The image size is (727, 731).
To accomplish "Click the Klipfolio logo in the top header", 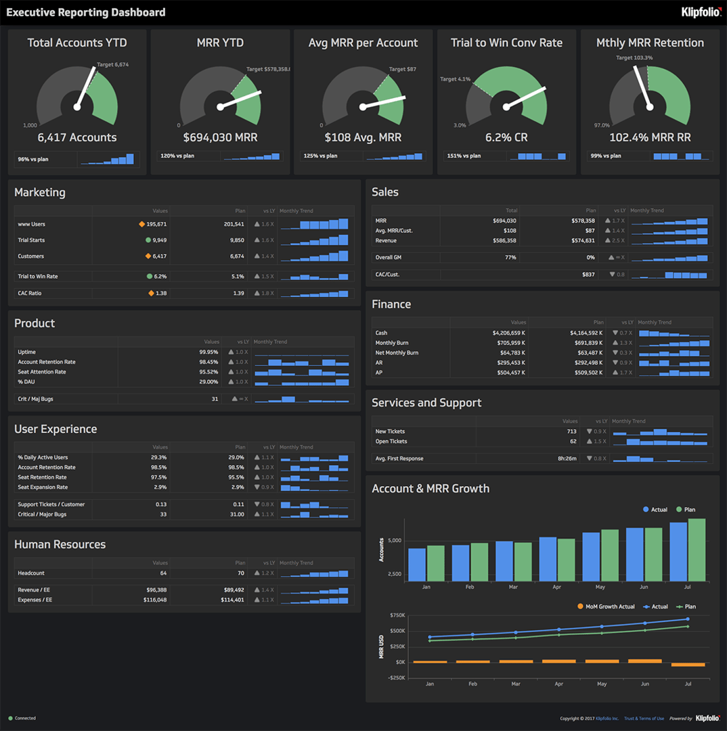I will [701, 12].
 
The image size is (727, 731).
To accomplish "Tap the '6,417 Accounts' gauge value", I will [77, 137].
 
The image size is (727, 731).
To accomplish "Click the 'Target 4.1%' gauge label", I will [455, 79].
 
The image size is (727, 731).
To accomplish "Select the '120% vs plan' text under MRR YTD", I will [177, 156].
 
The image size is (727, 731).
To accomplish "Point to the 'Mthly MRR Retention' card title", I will [650, 43].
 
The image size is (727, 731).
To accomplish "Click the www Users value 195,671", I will [156, 224].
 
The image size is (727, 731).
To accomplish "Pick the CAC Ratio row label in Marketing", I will [30, 293].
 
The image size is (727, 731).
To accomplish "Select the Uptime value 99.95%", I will [208, 352].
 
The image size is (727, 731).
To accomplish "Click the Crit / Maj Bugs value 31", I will [215, 399].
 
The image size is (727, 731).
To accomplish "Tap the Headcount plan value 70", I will [240, 573].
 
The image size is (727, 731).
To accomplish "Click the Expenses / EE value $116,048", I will [153, 600].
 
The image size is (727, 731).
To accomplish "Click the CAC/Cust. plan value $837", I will [587, 274].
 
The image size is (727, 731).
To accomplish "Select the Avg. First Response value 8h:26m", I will [567, 458].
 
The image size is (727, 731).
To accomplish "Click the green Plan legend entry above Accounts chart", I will [685, 510].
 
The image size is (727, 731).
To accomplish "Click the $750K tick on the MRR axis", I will [397, 615].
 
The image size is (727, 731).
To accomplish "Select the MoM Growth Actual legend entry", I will [606, 606].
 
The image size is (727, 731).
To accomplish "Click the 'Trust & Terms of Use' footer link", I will [643, 718].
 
